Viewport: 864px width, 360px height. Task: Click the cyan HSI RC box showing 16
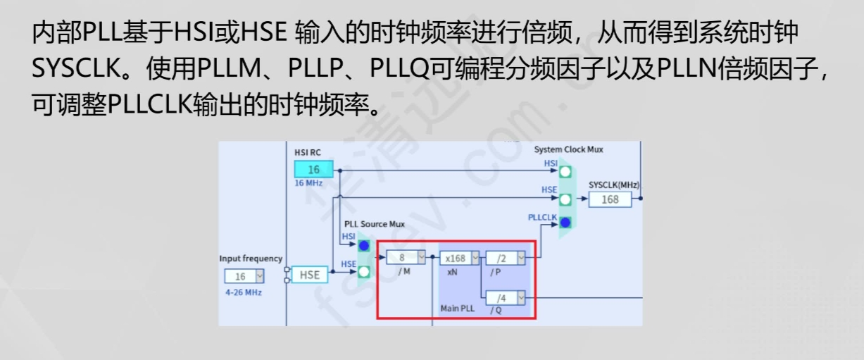(313, 169)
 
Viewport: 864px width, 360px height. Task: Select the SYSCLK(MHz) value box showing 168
(610, 199)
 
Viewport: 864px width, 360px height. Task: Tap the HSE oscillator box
(309, 275)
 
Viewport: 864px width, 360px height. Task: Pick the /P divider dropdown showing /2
(506, 258)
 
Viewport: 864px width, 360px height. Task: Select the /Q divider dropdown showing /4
(506, 298)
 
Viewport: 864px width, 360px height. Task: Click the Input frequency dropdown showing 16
(244, 276)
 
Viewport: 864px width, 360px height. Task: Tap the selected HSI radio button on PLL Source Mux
(364, 246)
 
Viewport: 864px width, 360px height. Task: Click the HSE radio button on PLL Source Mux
(364, 271)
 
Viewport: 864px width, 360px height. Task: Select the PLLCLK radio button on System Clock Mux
(565, 223)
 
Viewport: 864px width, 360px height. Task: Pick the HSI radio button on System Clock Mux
(565, 171)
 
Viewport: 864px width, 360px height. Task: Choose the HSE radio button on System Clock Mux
(565, 199)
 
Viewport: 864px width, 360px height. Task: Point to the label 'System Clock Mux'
(568, 149)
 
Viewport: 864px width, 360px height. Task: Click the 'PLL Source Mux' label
(375, 224)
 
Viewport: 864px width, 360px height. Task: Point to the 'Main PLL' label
(458, 309)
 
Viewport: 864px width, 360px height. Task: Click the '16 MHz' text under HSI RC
(309, 183)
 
